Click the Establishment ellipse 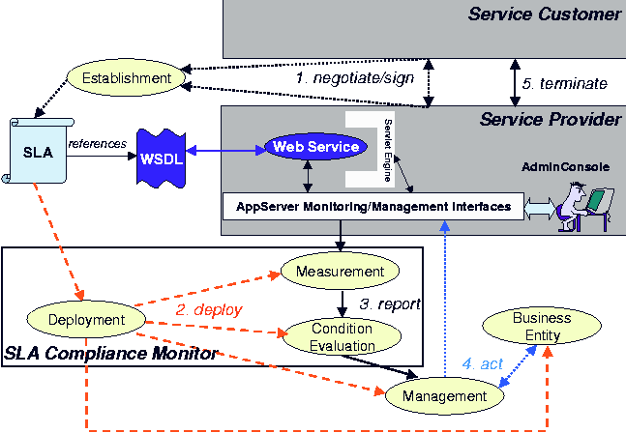coord(126,77)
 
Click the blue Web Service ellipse coord(316,147)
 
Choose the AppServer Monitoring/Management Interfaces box coord(373,205)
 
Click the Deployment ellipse coord(87,320)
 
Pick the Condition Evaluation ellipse coord(342,335)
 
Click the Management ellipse coord(445,395)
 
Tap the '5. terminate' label coord(564,84)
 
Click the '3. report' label coord(390,303)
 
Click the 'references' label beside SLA coord(97,144)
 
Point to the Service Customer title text coord(544,14)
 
